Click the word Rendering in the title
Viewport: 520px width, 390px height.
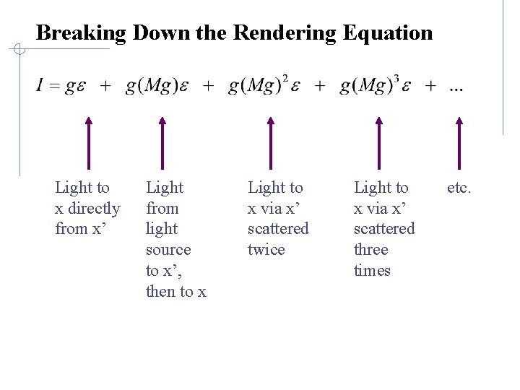coord(283,33)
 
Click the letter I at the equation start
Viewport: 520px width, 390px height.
coord(40,87)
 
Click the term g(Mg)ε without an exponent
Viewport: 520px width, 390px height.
coord(157,87)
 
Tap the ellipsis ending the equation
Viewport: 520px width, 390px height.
coord(456,87)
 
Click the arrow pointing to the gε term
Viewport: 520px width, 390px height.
coord(89,144)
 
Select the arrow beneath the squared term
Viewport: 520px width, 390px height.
coord(270,144)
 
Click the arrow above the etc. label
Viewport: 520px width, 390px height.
coord(459,144)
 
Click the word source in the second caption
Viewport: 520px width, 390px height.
coord(168,250)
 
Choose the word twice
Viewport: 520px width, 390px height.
coord(266,250)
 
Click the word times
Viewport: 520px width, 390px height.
coord(372,271)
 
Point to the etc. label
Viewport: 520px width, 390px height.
coord(459,188)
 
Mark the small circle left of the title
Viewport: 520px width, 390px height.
coord(20,49)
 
